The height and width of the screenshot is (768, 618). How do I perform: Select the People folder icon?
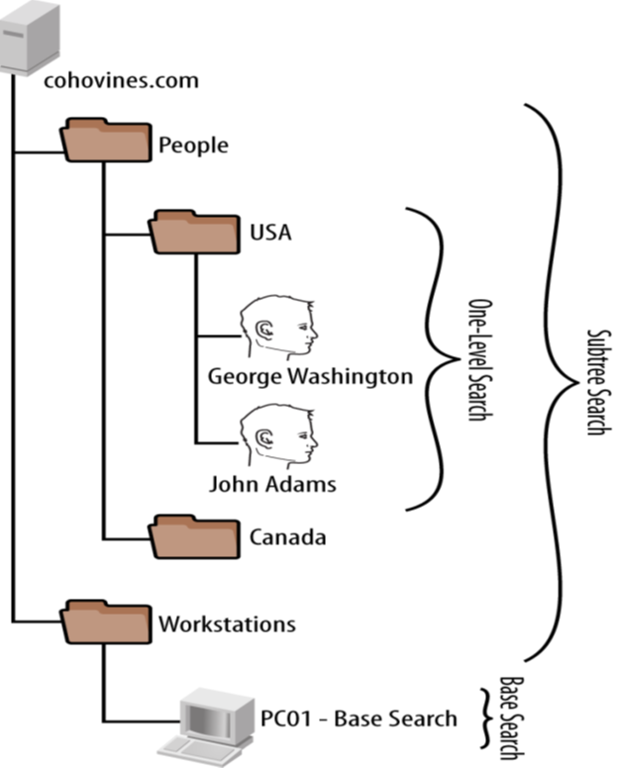104,141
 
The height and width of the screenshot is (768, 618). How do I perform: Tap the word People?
193,145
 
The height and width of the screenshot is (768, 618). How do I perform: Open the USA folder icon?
191,231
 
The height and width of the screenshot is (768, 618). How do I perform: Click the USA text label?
269,235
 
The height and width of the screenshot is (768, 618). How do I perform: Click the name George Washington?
310,376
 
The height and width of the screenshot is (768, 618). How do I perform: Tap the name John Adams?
272,484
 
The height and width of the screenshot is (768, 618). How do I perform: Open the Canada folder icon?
191,535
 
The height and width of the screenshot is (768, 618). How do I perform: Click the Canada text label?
287,537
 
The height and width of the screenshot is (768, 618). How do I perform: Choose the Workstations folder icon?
104,621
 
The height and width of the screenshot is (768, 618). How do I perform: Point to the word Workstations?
227,624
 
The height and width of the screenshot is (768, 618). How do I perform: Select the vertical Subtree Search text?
597,381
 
